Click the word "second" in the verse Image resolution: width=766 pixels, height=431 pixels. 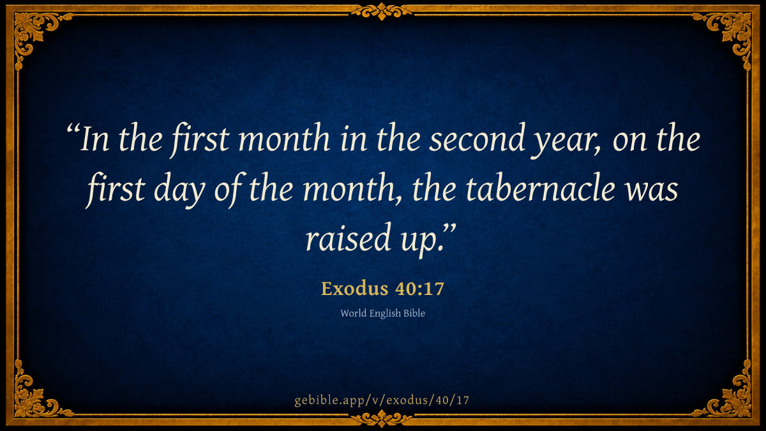click(x=477, y=138)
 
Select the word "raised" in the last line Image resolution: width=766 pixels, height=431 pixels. click(x=348, y=238)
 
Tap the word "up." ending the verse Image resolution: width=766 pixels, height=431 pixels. click(x=423, y=241)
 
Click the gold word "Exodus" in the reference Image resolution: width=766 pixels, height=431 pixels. click(x=355, y=289)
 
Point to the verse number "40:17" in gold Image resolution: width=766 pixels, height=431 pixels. click(x=419, y=289)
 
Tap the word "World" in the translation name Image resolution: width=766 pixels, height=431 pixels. click(x=353, y=314)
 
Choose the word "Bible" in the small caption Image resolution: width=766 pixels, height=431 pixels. click(x=414, y=314)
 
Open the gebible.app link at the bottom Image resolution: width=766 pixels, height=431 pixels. click(x=382, y=400)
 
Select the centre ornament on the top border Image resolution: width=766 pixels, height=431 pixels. click(x=382, y=11)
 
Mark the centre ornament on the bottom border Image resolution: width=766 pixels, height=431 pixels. click(x=382, y=419)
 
